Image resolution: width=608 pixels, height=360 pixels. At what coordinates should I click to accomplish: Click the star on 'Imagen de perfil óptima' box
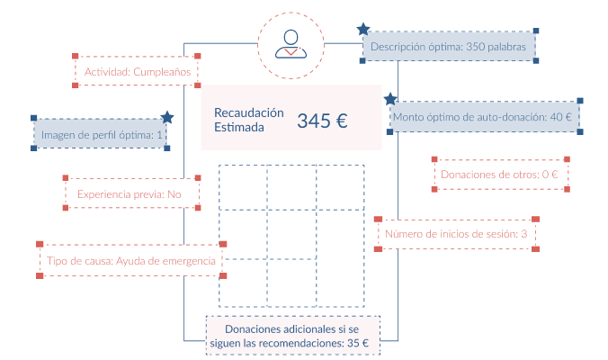[x=166, y=118]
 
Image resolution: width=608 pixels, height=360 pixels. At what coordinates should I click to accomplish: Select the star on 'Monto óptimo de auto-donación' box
[x=390, y=99]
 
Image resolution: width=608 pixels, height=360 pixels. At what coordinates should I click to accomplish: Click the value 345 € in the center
[x=322, y=121]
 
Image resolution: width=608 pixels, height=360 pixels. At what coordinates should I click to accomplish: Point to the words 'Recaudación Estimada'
[x=248, y=120]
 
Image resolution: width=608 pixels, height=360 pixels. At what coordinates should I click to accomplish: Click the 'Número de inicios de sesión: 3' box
[x=456, y=235]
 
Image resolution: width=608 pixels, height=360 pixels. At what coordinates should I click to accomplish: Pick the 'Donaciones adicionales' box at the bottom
[x=292, y=336]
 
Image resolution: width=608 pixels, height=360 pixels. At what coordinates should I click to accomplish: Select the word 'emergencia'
[x=186, y=261]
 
